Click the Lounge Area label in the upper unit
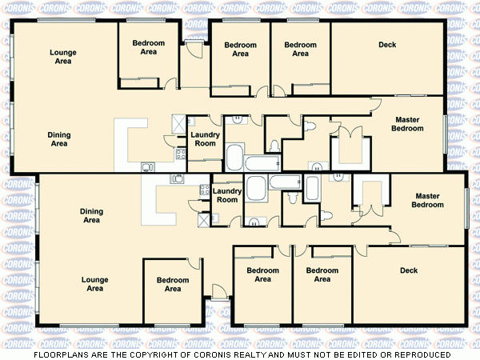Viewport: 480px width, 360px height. (63, 57)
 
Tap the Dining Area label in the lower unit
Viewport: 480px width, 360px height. (91, 215)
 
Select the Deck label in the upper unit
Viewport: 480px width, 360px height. (387, 45)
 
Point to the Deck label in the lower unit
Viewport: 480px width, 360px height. (409, 270)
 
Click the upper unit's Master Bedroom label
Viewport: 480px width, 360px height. (407, 124)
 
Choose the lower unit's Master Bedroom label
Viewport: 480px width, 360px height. (427, 200)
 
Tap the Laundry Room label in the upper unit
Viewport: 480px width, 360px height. (205, 139)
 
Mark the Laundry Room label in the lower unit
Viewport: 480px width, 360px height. (227, 195)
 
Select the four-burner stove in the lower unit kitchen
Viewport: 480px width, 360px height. (203, 190)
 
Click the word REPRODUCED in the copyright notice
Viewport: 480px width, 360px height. (421, 354)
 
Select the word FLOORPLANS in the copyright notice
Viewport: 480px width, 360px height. (62, 354)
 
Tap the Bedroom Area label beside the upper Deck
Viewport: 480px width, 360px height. (300, 49)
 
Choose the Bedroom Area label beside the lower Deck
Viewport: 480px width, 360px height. (322, 274)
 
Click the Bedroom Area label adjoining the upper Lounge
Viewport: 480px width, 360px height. (148, 47)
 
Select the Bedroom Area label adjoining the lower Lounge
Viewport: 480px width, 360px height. (172, 284)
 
